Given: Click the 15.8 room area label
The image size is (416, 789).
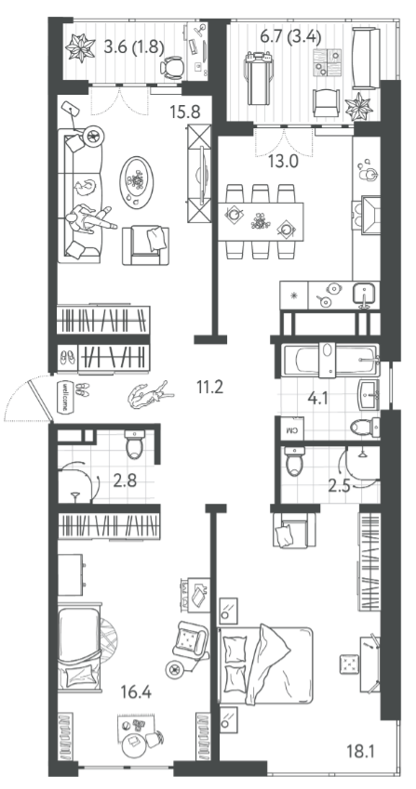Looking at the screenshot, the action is pyautogui.click(x=185, y=112).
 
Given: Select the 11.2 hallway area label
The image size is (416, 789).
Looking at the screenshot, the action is pyautogui.click(x=209, y=387).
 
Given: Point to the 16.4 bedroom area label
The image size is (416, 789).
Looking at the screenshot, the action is pyautogui.click(x=136, y=692).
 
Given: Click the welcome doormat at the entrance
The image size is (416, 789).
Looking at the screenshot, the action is pyautogui.click(x=66, y=396).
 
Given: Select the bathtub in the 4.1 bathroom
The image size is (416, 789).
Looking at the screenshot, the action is pyautogui.click(x=330, y=360).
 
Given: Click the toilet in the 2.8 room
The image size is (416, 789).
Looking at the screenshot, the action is pyautogui.click(x=135, y=445).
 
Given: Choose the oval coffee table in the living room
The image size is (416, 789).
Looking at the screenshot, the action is pyautogui.click(x=137, y=181).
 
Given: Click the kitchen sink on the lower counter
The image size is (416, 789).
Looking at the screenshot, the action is pyautogui.click(x=364, y=293).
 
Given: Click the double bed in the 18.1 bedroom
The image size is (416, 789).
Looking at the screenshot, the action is pyautogui.click(x=265, y=665).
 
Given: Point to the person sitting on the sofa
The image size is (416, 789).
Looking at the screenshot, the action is pyautogui.click(x=89, y=218).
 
